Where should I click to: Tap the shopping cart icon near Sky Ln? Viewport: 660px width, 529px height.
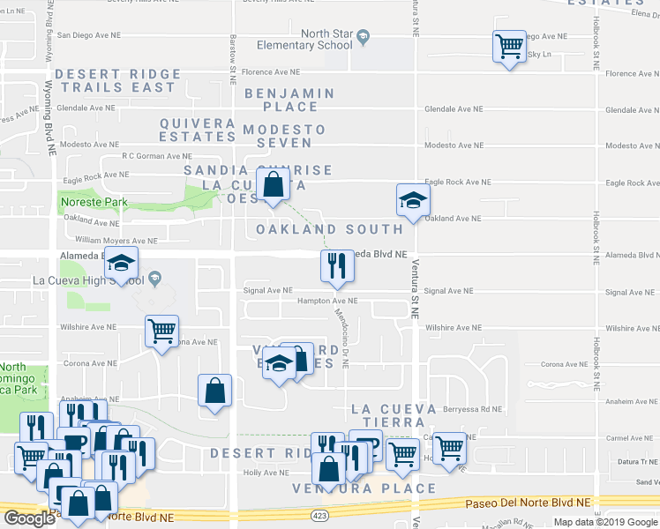509,46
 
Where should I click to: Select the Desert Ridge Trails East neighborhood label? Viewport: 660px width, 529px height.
117,81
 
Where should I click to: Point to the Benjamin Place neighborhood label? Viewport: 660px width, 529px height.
289,100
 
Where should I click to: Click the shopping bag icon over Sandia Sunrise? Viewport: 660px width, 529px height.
274,184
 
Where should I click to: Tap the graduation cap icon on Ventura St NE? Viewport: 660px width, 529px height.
411,200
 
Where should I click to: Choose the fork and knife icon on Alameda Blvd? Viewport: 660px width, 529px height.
335,265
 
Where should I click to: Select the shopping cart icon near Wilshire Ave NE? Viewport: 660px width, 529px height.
161,332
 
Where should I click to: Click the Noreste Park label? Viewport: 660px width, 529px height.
94,202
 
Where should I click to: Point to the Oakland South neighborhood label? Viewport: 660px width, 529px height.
329,229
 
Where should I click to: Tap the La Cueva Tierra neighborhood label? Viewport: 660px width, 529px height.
394,415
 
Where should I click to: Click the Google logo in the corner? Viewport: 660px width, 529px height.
29,518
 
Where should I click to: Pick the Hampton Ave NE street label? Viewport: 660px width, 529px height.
328,301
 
